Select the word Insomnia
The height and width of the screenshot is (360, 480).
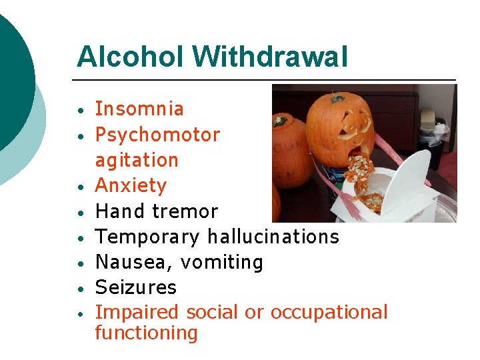(139, 109)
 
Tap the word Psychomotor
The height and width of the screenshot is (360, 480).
(157, 135)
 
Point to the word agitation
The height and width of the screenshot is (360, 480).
(137, 160)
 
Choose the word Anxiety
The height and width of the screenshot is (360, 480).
(131, 185)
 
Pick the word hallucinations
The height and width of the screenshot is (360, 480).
(273, 237)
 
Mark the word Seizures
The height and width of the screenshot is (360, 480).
(135, 287)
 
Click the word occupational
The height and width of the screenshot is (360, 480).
(329, 313)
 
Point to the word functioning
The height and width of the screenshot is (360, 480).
(146, 333)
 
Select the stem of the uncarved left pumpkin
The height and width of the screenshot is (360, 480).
(279, 121)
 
